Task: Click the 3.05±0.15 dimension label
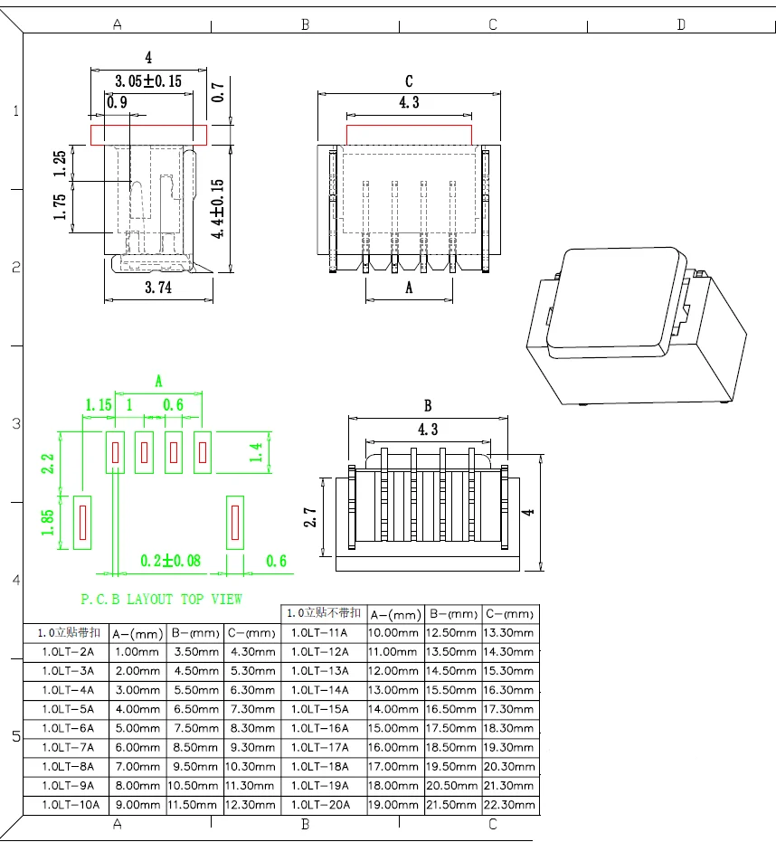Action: coord(147,81)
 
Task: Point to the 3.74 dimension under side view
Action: coord(158,288)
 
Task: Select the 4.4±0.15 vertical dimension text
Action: coord(217,209)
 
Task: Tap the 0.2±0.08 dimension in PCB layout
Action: coord(171,562)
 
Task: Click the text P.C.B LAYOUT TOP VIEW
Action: coord(161,599)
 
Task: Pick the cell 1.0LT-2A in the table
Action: coord(68,652)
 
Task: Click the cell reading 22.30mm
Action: coord(510,805)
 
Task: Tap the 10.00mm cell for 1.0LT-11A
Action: coord(393,633)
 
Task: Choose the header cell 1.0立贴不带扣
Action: coord(323,613)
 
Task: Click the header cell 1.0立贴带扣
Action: coord(69,632)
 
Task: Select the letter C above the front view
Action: coord(409,81)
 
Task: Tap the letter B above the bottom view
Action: coord(428,405)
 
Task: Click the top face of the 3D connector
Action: coord(619,297)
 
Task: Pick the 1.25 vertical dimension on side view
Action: coord(60,164)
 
